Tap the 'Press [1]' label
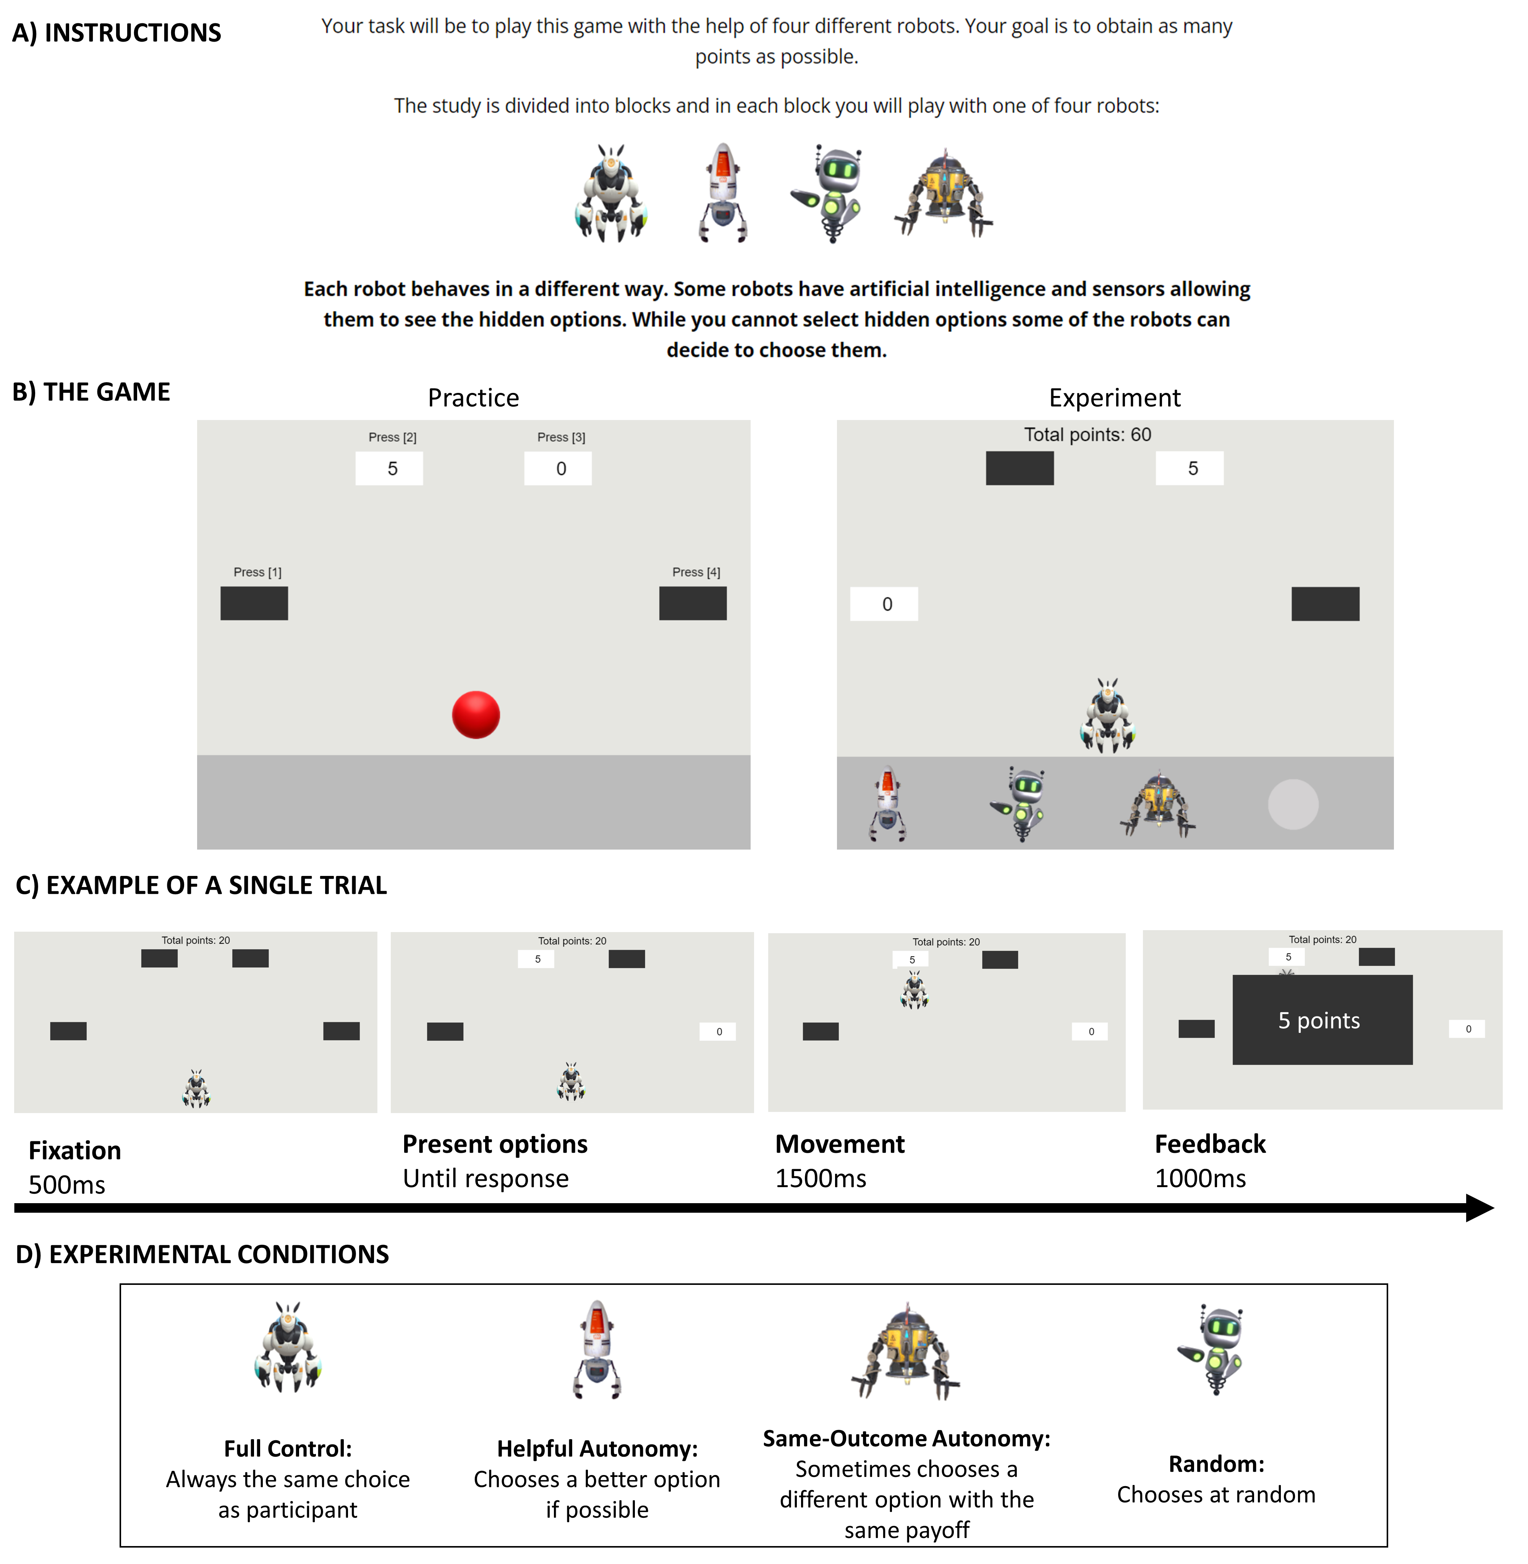[257, 572]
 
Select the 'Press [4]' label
[696, 572]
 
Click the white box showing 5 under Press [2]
[389, 469]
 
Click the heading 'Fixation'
[74, 1150]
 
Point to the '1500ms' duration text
[820, 1178]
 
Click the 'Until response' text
[486, 1178]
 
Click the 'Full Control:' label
[287, 1449]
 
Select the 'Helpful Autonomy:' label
[597, 1449]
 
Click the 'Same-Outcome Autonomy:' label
[906, 1438]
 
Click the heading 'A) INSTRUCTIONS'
[117, 32]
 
